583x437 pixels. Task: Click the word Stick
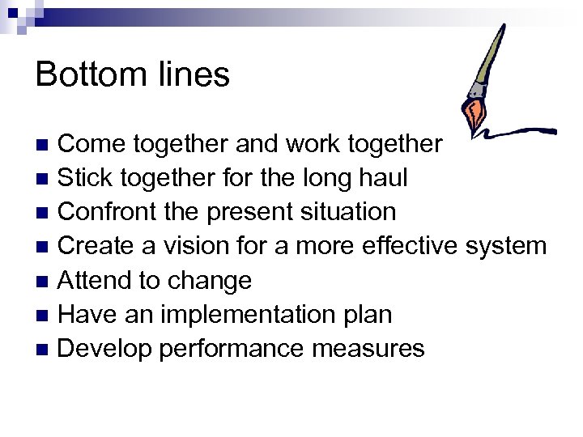coord(87,178)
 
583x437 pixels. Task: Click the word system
coord(509,246)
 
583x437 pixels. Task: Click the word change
coord(209,281)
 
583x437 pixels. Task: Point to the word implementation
coord(244,315)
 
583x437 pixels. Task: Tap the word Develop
coord(105,349)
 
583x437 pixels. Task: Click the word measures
coord(368,349)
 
